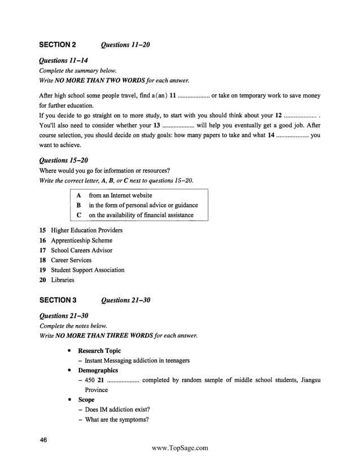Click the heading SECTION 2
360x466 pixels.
coord(58,45)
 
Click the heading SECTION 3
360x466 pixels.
coord(58,300)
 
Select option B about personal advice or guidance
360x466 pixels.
coord(139,205)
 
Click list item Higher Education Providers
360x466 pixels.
coord(86,230)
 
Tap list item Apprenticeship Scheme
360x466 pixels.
coord(81,240)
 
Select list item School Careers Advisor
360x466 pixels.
coord(81,250)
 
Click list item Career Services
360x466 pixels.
coord(71,260)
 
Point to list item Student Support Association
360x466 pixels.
coord(87,270)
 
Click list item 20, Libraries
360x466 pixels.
coord(62,280)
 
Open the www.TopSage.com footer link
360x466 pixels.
coord(180,448)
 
